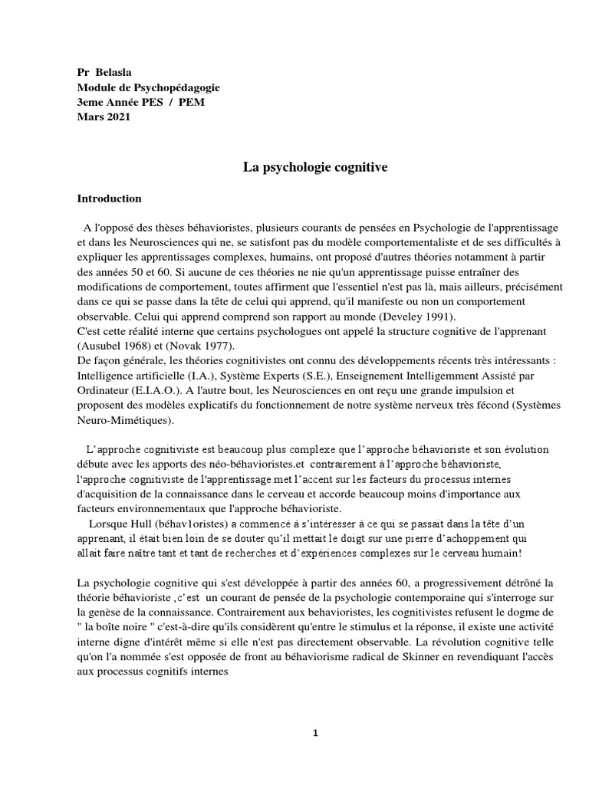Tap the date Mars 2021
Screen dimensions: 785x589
click(x=104, y=117)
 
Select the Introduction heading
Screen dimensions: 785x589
click(x=109, y=199)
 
